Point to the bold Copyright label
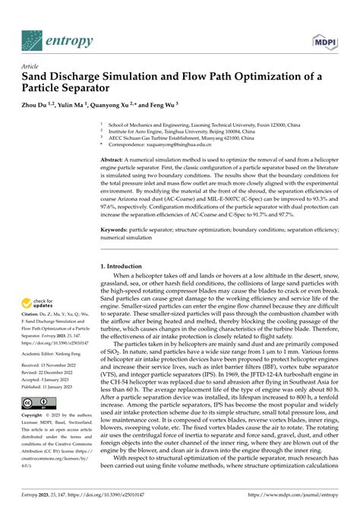pyautogui.click(x=36, y=438)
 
